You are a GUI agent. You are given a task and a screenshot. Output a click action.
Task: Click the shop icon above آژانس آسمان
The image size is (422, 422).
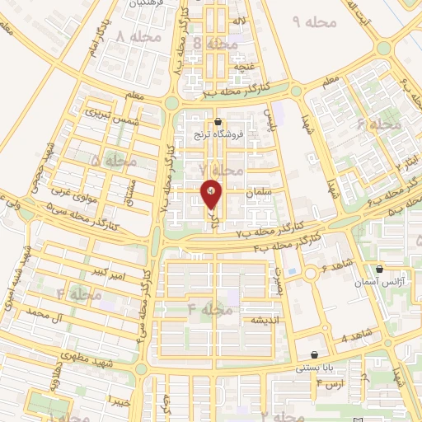pyautogui.click(x=379, y=269)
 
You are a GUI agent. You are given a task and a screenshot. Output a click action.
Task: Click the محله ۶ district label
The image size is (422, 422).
pyautogui.click(x=378, y=124)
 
